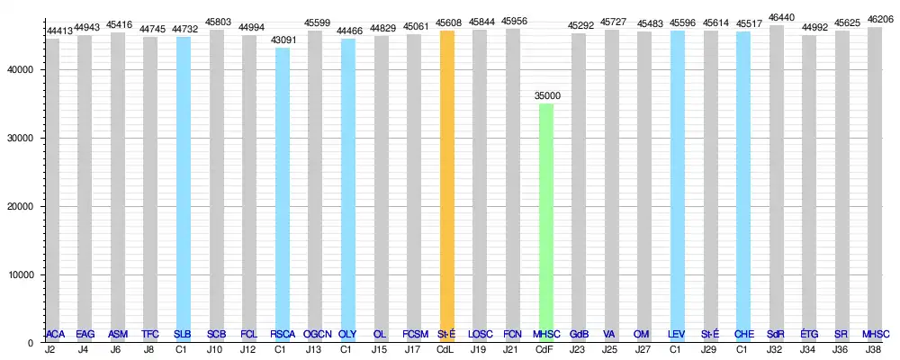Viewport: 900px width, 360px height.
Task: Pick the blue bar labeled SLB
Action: [184, 189]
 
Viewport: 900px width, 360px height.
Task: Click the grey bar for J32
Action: [776, 180]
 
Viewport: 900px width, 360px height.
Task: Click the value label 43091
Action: [283, 40]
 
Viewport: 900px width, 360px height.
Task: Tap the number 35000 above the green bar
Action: [545, 95]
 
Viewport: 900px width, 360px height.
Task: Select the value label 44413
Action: [58, 31]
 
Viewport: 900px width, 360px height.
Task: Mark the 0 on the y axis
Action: [30, 343]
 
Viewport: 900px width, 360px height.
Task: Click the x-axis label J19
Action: [481, 349]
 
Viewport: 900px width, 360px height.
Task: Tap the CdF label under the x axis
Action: [545, 349]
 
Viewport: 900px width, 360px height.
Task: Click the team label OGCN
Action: [316, 334]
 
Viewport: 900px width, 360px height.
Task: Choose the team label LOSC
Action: [481, 334]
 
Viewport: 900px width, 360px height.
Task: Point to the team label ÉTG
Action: [809, 334]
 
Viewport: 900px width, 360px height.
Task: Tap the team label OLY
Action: [348, 334]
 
